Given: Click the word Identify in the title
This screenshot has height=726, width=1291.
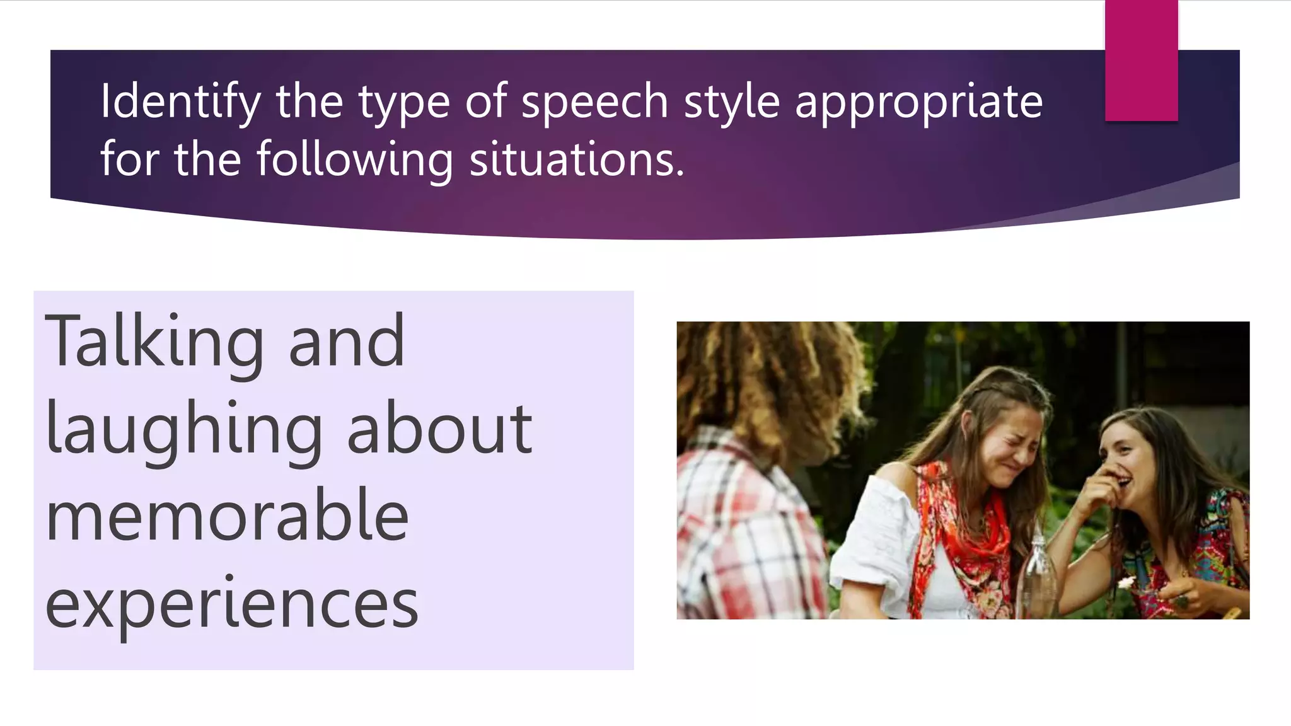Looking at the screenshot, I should pos(180,102).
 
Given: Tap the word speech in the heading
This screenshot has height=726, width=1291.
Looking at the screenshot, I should pos(594,102).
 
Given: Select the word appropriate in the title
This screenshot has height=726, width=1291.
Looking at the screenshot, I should pos(918,102).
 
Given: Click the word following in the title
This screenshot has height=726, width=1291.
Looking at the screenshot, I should pos(354,159).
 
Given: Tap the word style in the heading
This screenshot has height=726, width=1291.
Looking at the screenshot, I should pos(731,102).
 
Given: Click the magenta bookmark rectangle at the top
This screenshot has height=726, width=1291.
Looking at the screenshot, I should pos(1141,60).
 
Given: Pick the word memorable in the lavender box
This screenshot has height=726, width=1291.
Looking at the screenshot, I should pos(227,517).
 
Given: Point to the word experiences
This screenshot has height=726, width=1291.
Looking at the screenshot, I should pos(231,604).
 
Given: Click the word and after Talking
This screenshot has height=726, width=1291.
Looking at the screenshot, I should pos(346,343).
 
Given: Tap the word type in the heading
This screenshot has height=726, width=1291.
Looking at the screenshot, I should pos(404,102).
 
